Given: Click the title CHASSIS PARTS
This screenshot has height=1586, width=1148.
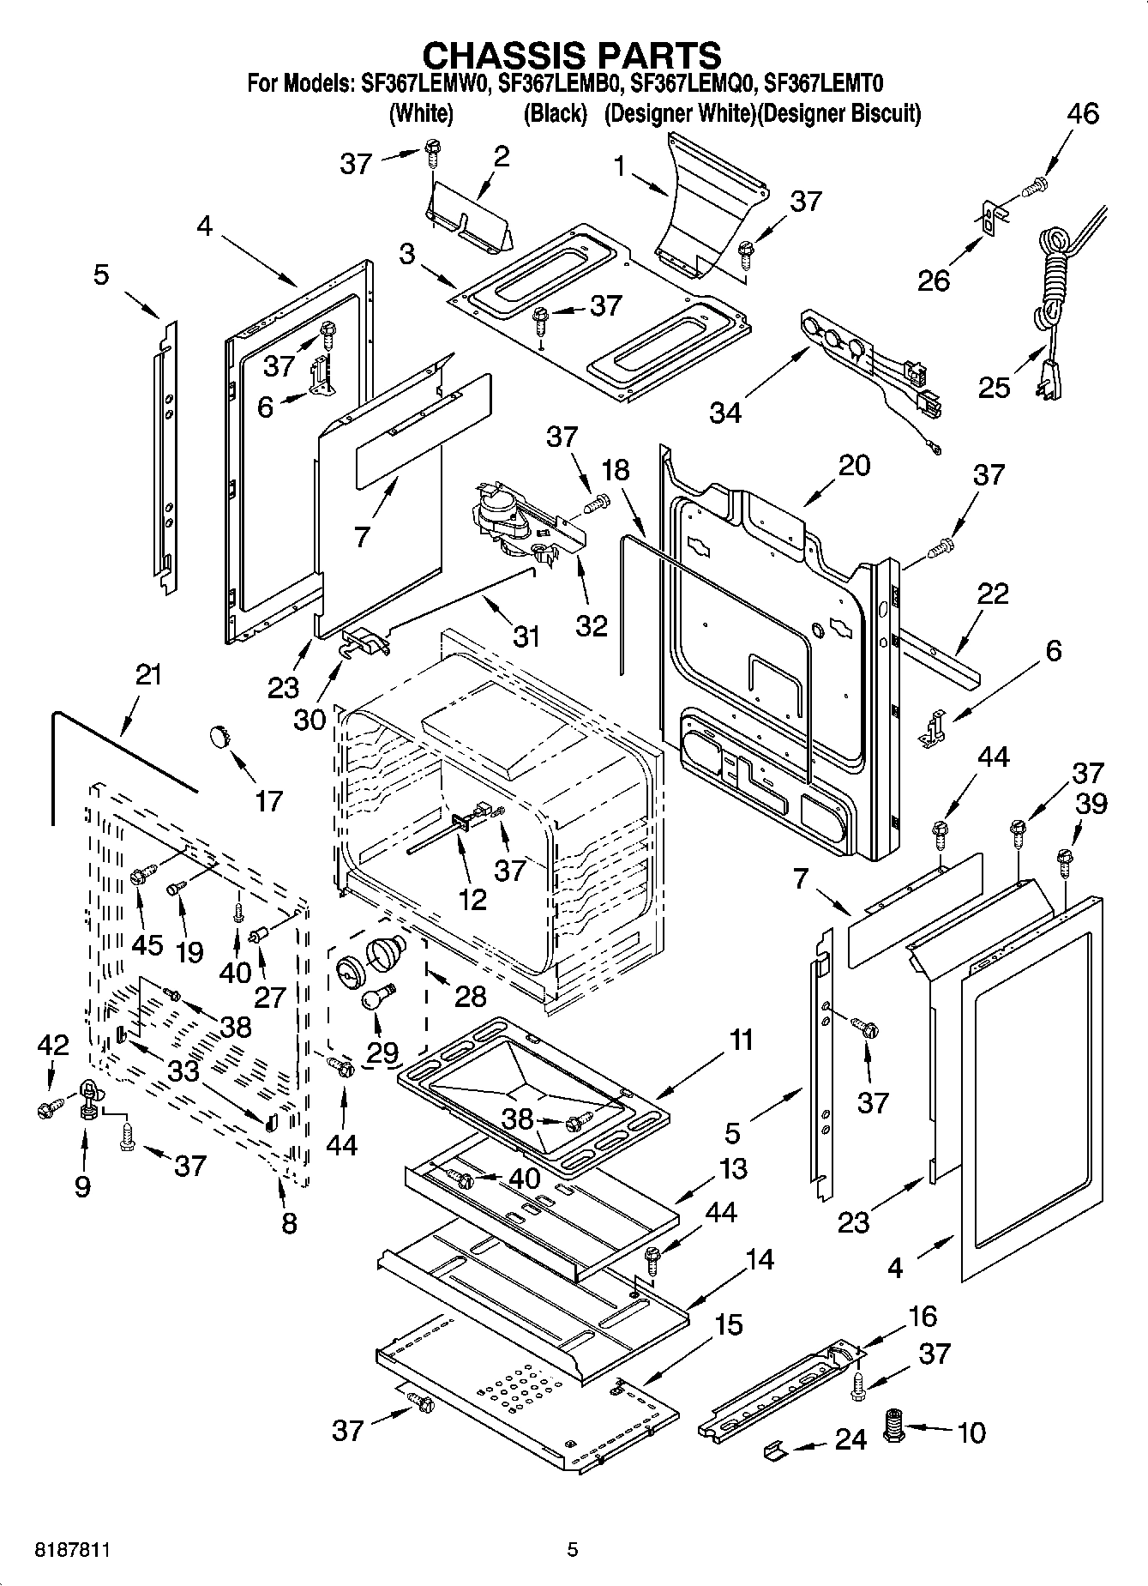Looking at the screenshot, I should [x=573, y=56].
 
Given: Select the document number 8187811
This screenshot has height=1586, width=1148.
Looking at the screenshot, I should [x=72, y=1550].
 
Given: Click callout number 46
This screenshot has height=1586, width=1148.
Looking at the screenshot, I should [x=1083, y=114].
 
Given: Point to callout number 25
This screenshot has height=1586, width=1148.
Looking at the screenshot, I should [x=995, y=388].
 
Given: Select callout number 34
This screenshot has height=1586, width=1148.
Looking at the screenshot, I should [x=725, y=413].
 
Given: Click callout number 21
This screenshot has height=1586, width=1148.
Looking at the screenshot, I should [x=147, y=675].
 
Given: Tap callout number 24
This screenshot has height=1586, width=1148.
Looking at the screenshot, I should [x=850, y=1439].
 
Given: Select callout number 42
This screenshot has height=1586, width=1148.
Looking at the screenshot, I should [x=53, y=1045].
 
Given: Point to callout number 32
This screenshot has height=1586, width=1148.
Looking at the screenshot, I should [x=592, y=625].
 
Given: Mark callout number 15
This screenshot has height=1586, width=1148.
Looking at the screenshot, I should [x=728, y=1325].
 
